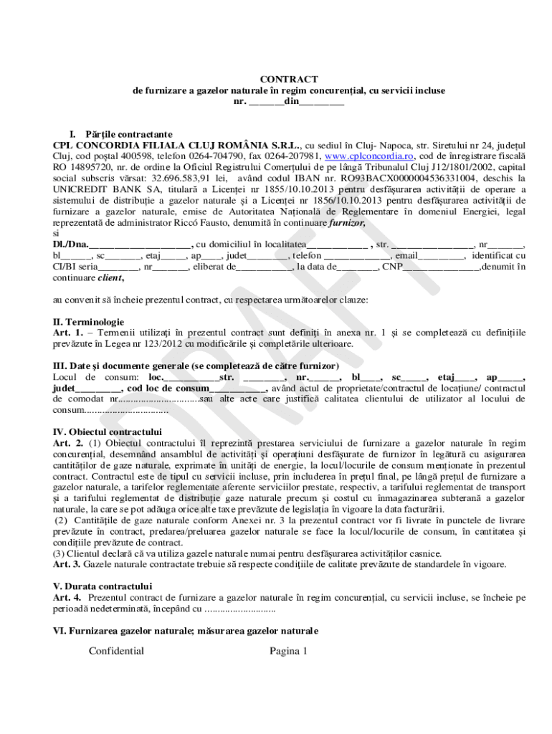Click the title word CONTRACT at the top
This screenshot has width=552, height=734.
click(288, 79)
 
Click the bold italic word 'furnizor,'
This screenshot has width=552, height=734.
click(347, 224)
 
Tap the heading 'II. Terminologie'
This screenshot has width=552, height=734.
click(89, 322)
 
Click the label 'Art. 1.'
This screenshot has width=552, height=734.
click(68, 333)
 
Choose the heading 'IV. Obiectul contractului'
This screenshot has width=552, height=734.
click(108, 432)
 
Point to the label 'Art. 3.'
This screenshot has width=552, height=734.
click(68, 564)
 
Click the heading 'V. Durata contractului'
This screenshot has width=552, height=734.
click(103, 586)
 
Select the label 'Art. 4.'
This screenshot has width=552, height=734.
click(68, 596)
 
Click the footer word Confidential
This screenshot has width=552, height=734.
click(116, 651)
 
